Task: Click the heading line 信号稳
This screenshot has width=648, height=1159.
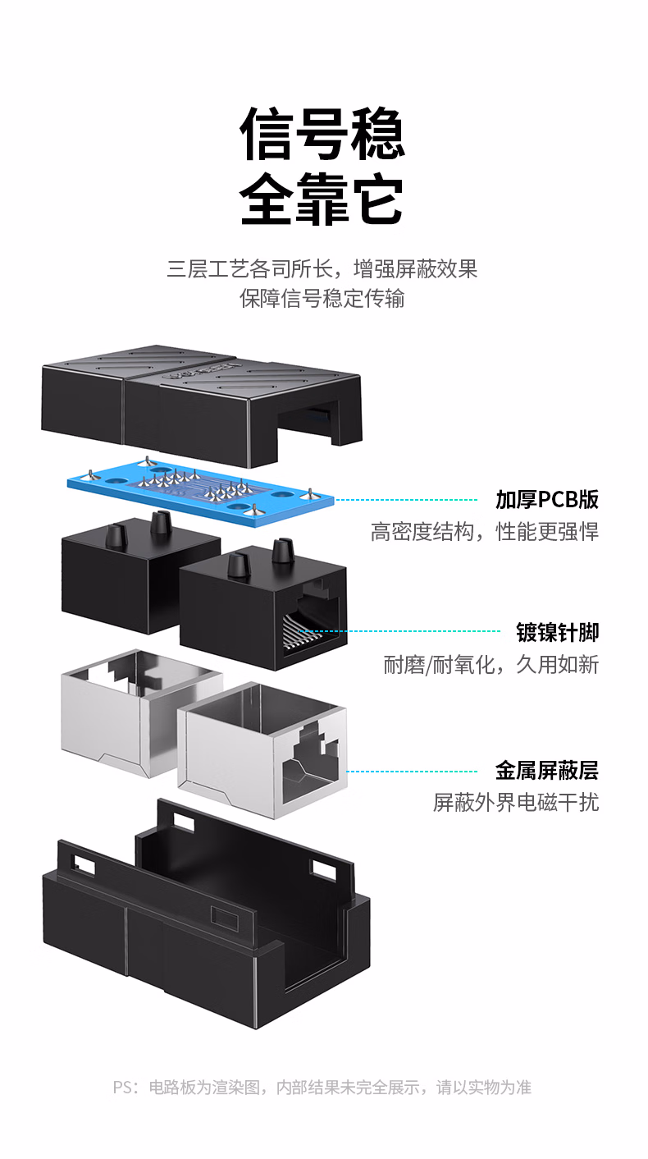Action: tap(322, 134)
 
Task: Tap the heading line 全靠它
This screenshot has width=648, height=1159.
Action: tap(322, 199)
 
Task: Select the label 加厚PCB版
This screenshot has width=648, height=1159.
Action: tap(547, 499)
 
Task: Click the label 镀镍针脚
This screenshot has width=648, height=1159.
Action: tap(558, 632)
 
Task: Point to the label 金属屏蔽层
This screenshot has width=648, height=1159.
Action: tap(547, 771)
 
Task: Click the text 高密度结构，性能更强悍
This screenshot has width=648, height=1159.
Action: tap(485, 532)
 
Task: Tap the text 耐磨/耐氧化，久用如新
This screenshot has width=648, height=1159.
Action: tap(491, 665)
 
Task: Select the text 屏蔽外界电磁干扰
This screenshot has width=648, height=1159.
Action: tap(516, 803)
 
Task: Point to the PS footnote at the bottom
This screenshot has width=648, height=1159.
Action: tap(322, 1087)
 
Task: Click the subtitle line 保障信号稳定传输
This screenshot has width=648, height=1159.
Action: tap(322, 299)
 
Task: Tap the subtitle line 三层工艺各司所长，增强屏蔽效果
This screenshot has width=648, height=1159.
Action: tap(322, 269)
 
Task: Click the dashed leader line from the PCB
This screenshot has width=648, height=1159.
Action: tap(406, 500)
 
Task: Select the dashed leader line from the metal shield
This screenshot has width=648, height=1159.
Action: tap(412, 771)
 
